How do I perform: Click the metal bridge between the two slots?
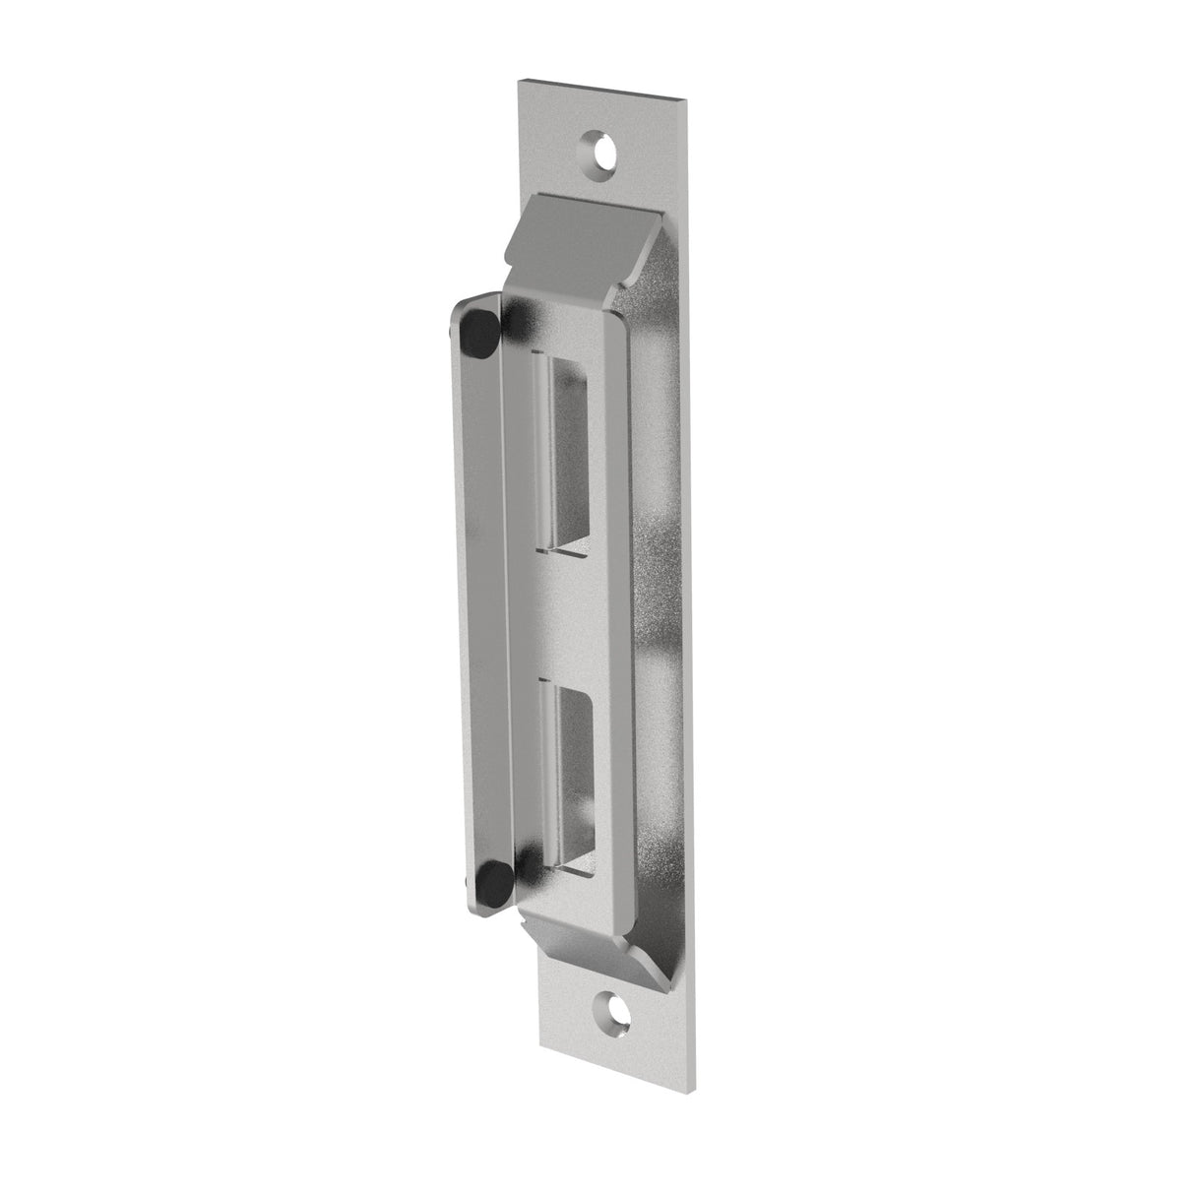tap(576, 610)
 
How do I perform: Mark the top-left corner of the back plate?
tap(519, 78)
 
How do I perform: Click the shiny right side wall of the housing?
tap(655, 591)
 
